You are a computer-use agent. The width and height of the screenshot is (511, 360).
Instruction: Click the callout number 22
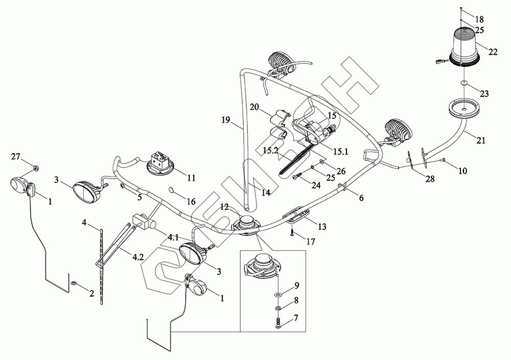(493, 51)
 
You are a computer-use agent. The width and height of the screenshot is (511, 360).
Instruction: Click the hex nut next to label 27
(34, 167)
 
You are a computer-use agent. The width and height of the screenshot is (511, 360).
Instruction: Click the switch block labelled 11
(160, 162)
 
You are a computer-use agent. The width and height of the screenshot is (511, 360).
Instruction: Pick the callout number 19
(226, 121)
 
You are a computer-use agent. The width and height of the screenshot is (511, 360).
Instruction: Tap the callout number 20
(255, 107)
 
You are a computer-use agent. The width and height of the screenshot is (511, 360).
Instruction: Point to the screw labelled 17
(292, 234)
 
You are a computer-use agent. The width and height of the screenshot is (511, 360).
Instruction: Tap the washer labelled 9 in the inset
(278, 295)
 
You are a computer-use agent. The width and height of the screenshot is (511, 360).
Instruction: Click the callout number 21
(482, 140)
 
